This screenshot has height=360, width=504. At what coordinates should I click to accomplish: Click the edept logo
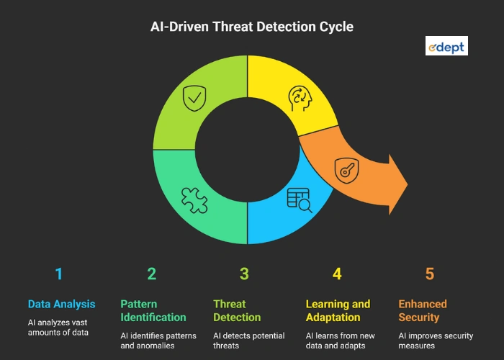tap(446, 47)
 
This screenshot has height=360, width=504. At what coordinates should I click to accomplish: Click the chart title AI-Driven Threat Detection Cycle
tap(251, 27)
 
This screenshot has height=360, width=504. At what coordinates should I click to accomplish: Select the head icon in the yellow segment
tap(300, 98)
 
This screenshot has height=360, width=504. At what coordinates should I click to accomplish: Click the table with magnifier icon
tap(299, 199)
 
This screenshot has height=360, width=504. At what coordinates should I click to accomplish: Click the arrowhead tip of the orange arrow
tap(407, 184)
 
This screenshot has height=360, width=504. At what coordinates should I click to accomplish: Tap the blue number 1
tap(59, 274)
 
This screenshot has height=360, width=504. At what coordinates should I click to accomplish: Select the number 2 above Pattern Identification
tap(151, 274)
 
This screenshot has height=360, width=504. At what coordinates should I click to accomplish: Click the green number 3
tap(244, 274)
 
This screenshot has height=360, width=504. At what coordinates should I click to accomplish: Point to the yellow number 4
tap(337, 274)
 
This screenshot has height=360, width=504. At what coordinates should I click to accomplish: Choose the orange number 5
tap(430, 274)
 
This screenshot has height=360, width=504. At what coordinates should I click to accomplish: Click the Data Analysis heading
tap(61, 304)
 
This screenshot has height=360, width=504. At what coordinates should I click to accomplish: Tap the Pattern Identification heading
tap(153, 310)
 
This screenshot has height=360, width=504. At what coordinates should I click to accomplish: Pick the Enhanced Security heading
tap(423, 310)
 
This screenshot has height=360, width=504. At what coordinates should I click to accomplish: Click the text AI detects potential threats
tap(249, 341)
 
